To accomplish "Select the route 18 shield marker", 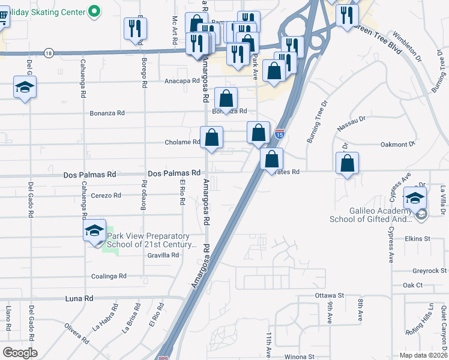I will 49,53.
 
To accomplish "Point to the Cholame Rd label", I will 182,142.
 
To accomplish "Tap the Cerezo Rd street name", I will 106,196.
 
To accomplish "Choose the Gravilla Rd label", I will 163,255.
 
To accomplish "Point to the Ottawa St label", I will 329,296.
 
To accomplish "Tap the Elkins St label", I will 418,239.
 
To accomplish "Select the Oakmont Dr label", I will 398,145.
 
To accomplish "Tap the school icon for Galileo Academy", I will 415,198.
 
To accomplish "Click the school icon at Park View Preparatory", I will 95,231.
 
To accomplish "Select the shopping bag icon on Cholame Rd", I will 211,138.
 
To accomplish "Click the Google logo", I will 20,353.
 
